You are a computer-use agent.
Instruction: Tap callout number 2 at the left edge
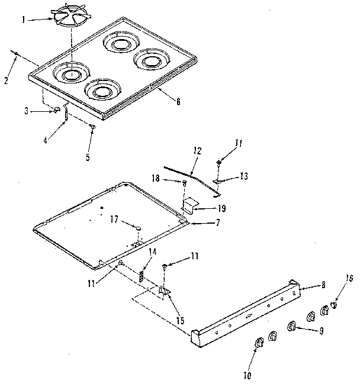6,80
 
